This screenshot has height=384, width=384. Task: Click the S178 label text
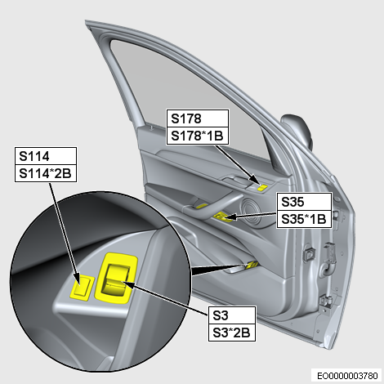coord(186,118)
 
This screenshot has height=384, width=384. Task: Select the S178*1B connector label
coord(197,136)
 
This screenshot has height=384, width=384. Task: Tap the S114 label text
coord(34,156)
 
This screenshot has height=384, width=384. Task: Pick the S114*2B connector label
coord(45,173)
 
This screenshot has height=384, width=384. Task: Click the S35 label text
coord(292,202)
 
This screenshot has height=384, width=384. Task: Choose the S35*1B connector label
coord(303,219)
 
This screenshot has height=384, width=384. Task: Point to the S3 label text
coord(221,315)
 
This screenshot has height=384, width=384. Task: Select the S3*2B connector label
coord(231,333)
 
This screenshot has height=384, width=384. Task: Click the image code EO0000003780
coord(347,376)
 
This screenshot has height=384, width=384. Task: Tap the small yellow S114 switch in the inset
coord(82,287)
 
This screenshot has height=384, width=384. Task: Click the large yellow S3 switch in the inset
coord(116,278)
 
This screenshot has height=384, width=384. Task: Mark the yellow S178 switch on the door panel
coord(263,187)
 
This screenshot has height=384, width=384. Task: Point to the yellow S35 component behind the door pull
coord(223,217)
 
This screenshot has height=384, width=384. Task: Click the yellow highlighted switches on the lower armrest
coord(252,264)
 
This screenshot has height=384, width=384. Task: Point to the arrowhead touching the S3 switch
coord(127,285)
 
